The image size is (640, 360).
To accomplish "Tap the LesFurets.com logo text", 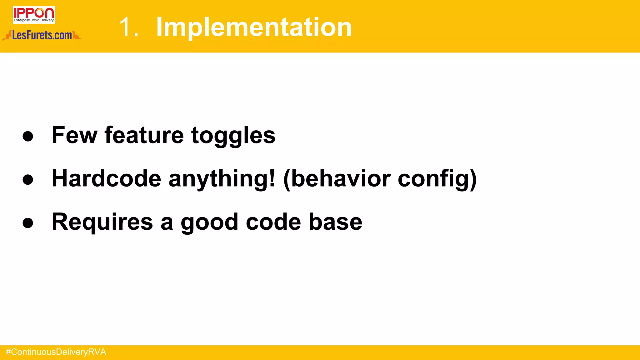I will click(42, 35).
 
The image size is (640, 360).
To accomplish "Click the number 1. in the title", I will click(129, 27).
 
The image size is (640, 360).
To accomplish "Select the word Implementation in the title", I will click(254, 27).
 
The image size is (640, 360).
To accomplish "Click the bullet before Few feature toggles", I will click(28, 136).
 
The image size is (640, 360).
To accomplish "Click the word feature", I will click(144, 135).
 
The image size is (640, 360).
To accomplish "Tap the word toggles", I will click(233, 136).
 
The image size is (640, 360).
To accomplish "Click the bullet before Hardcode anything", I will click(28, 179).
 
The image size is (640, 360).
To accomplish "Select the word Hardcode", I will click(106, 178).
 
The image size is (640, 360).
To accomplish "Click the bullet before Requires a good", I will click(28, 223).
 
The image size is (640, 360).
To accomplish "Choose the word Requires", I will click(102, 222).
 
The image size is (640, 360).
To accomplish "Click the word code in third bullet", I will click(273, 222).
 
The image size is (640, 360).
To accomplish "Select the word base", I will click(335, 222).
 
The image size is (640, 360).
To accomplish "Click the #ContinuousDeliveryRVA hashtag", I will click(56, 352).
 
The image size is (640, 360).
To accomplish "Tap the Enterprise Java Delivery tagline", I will click(34, 20).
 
